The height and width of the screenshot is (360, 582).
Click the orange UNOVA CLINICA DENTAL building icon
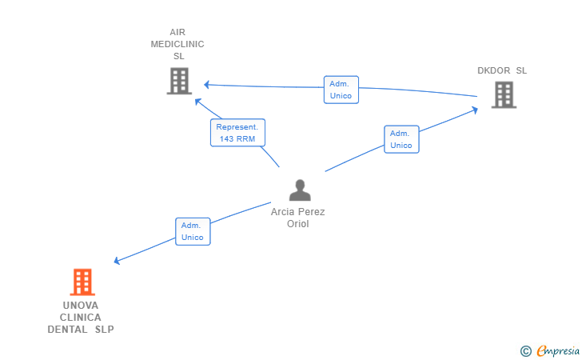[82, 282]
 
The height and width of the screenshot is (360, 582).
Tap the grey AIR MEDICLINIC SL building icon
[179, 81]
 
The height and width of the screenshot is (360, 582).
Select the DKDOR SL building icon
[504, 95]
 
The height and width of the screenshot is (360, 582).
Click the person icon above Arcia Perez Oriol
[300, 190]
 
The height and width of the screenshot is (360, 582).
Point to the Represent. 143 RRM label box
[237, 133]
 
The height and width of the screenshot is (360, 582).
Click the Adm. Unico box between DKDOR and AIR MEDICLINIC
[341, 90]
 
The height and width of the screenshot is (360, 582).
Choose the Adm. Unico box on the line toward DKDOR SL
[401, 139]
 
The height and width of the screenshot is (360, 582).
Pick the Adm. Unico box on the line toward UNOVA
[193, 231]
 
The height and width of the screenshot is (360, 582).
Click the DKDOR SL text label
[502, 70]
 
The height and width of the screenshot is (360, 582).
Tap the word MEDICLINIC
[177, 44]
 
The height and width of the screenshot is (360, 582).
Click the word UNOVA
[81, 306]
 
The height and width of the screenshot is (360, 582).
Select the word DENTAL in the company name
[67, 329]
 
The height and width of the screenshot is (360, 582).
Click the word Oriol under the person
[297, 224]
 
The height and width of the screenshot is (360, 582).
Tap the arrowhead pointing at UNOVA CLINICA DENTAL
[117, 261]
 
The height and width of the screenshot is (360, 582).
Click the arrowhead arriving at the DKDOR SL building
[475, 110]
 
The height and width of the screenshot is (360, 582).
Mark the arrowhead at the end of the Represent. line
[197, 101]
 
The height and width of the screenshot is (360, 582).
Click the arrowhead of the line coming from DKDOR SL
[207, 85]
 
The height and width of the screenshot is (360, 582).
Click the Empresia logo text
[558, 350]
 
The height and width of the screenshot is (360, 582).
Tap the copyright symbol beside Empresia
[525, 351]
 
